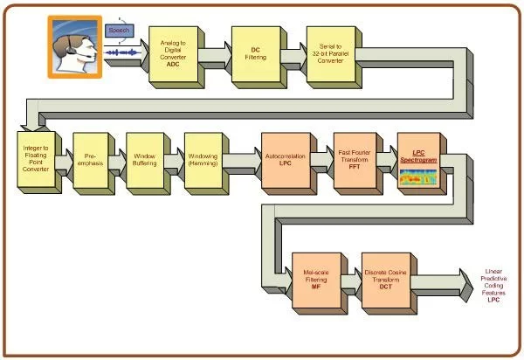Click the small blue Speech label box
coord(119,31)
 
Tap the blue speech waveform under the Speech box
coord(122,55)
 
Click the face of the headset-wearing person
coord(68,44)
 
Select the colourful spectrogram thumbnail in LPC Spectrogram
coord(418,177)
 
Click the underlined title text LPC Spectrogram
coord(417,152)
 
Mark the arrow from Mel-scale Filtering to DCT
coord(350,284)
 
